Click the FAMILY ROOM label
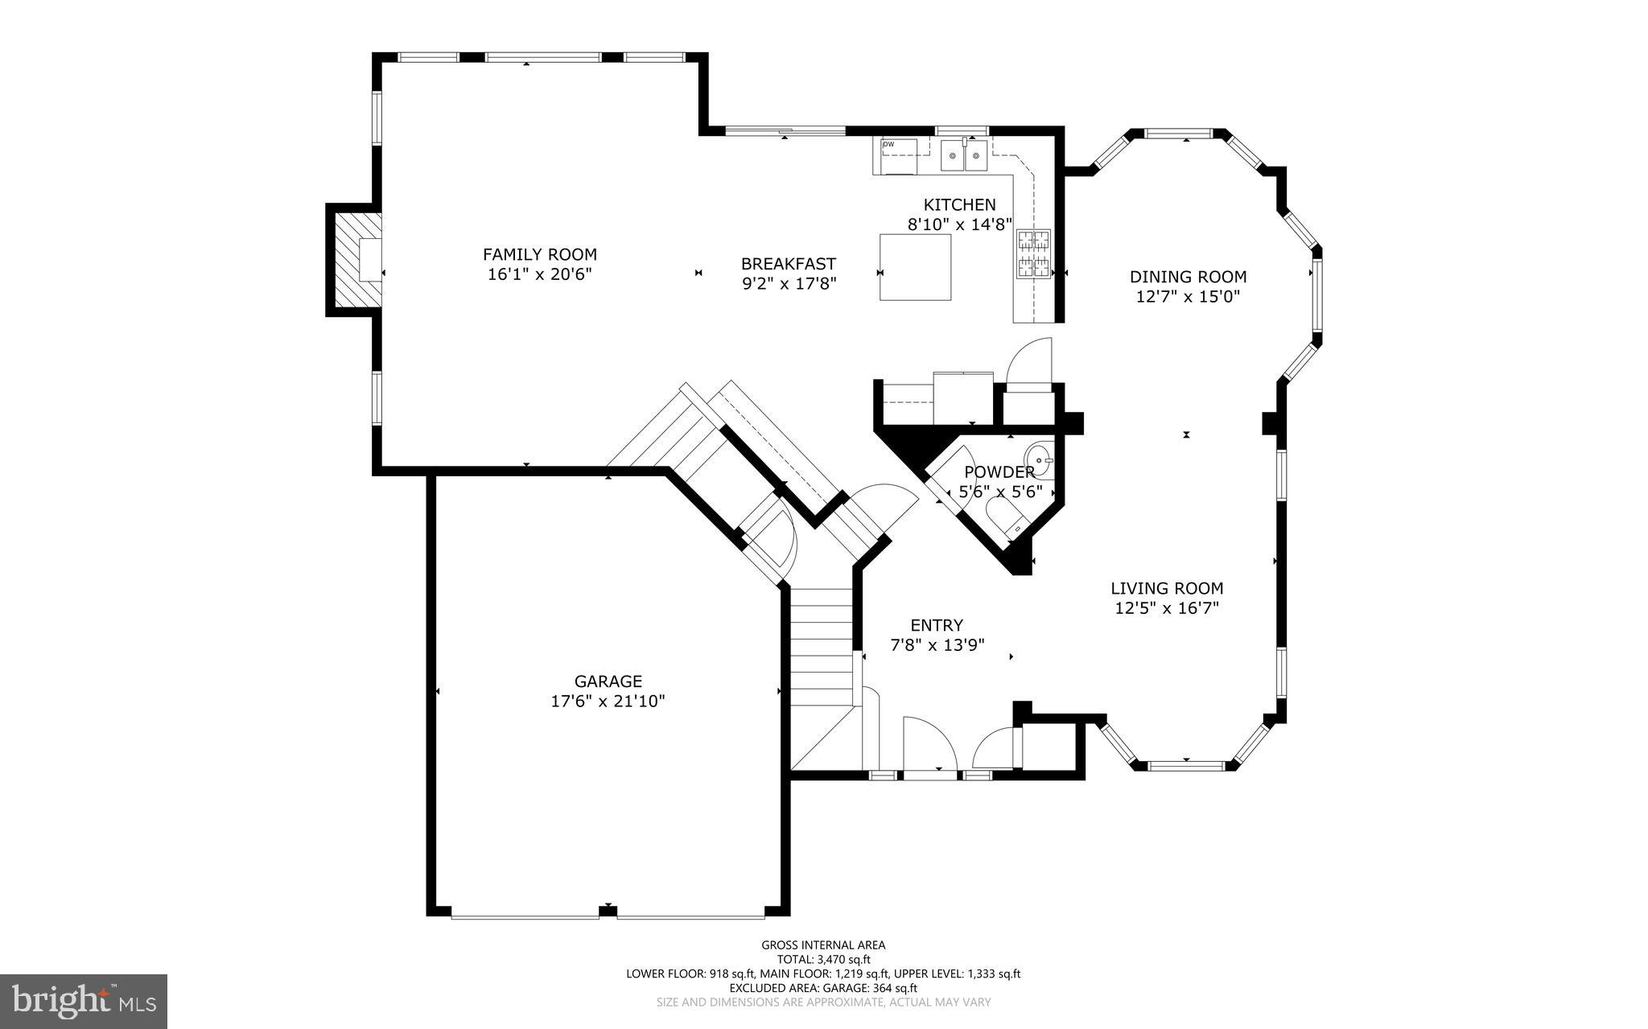tap(539, 254)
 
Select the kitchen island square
tap(915, 267)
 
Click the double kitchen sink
tap(964, 156)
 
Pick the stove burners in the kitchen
tap(1034, 253)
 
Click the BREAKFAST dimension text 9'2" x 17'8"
tap(789, 283)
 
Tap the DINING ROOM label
tap(1188, 277)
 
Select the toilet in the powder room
tap(1006, 515)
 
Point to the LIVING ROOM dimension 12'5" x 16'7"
tap(1167, 608)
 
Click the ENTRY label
tap(937, 625)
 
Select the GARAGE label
tap(608, 681)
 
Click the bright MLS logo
tap(84, 1001)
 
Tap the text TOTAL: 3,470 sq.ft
tap(823, 959)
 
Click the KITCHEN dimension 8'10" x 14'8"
tap(959, 224)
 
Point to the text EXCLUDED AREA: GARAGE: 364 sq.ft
tap(823, 988)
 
